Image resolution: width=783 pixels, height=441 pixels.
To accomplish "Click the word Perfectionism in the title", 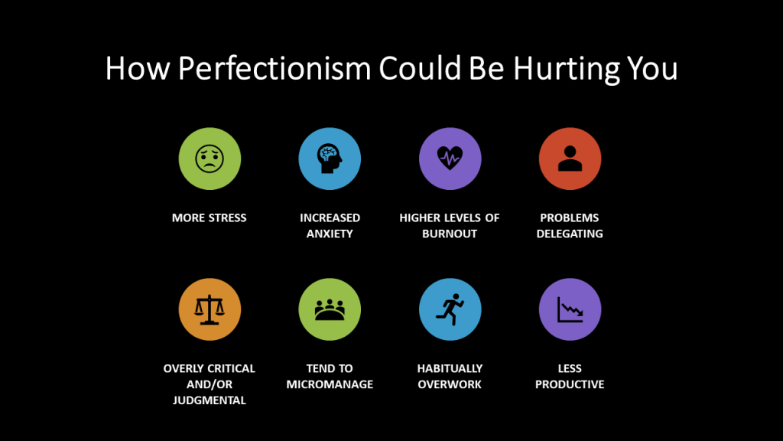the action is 275,68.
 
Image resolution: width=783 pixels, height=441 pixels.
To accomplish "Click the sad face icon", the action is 210,158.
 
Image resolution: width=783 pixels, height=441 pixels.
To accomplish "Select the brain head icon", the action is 330,158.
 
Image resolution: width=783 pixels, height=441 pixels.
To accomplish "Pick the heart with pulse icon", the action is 450,158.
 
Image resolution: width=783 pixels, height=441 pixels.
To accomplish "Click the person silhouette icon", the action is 570,158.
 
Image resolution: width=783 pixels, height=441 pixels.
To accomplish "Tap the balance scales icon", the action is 210,309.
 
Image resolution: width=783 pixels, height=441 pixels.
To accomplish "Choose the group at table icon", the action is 330,309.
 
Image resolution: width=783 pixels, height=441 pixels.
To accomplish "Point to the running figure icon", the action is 450,309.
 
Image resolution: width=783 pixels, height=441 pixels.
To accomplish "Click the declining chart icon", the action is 570,309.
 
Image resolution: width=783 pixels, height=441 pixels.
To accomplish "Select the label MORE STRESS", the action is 210,218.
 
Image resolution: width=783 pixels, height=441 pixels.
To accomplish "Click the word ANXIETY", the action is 330,234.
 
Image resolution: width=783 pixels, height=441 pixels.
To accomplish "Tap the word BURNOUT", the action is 450,234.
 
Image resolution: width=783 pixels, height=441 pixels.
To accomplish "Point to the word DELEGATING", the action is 570,234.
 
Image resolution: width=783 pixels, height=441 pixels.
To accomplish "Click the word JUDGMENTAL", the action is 210,400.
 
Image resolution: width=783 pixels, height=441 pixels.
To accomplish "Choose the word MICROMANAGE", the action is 330,384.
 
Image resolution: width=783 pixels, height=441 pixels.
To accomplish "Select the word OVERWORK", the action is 450,384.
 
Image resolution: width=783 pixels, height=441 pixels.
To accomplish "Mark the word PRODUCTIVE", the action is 570,384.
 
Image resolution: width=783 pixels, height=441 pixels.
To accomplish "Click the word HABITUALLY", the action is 450,368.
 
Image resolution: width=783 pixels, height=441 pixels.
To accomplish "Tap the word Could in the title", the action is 420,68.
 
